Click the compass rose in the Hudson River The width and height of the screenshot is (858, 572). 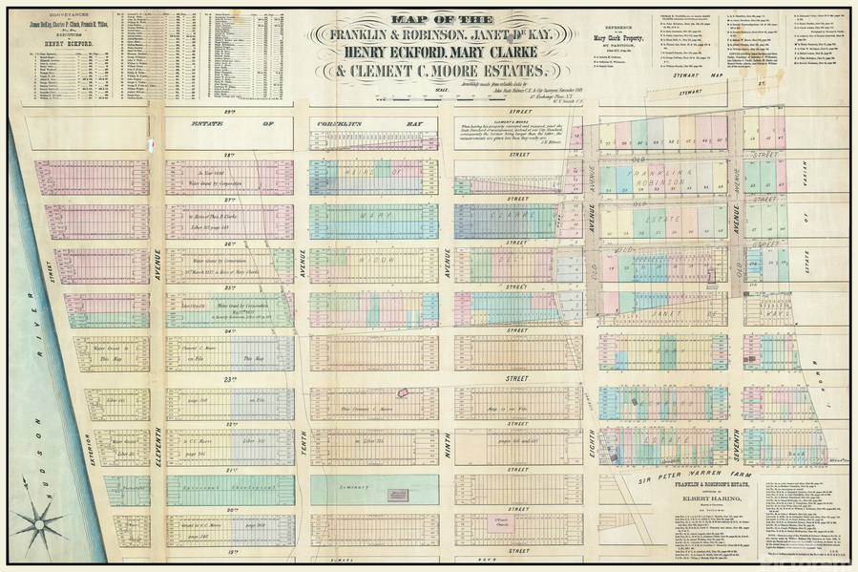(39, 522)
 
